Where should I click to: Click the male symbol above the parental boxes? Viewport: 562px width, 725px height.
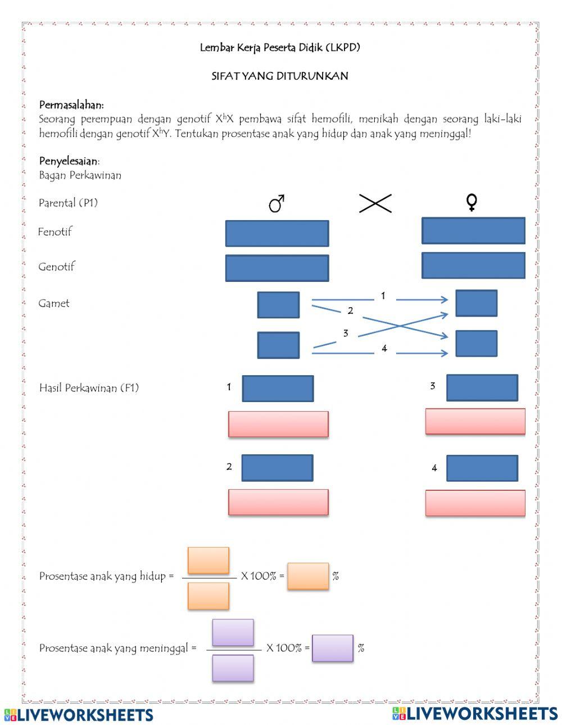277,203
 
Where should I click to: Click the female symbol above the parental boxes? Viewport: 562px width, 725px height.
472,203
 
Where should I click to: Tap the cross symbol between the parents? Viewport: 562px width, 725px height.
375,203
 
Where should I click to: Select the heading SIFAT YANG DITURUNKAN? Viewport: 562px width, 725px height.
280,76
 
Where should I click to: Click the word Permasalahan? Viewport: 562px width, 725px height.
71,105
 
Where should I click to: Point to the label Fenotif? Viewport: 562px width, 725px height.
55,231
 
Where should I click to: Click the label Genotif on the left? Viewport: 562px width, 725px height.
56,267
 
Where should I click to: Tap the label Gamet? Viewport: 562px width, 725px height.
54,303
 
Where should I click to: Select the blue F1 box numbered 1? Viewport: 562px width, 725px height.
278,389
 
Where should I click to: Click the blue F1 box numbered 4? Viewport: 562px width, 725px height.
482,468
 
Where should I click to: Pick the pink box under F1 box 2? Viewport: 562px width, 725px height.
278,502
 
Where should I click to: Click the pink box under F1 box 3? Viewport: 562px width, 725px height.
475,422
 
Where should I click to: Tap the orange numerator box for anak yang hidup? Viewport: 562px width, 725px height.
209,560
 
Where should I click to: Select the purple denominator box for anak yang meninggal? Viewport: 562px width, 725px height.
233,668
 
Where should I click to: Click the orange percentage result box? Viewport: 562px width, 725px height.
308,576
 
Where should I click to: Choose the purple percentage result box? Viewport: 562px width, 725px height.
333,648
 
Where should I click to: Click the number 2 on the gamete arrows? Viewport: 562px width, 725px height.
350,311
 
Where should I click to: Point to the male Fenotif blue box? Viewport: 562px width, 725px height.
277,234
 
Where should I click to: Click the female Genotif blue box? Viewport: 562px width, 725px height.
473,266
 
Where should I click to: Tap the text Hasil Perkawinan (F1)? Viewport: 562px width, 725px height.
89,388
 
